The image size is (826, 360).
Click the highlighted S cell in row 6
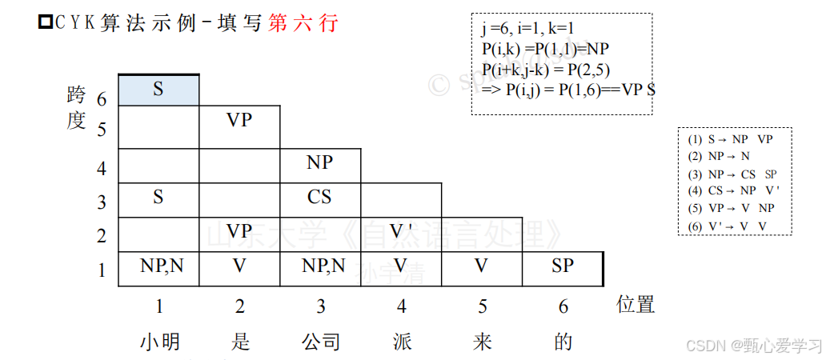click(x=158, y=89)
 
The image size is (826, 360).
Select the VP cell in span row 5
click(x=239, y=121)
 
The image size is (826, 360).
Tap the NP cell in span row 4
click(x=320, y=163)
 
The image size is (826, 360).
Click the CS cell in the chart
click(x=320, y=197)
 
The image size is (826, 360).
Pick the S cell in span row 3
click(x=158, y=197)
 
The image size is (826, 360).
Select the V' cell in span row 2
click(x=401, y=231)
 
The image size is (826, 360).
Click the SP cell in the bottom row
click(x=563, y=266)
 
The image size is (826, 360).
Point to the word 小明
click(x=160, y=342)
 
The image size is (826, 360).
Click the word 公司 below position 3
click(x=321, y=342)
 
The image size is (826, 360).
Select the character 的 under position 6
click(x=563, y=342)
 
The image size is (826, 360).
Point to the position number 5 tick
click(x=481, y=305)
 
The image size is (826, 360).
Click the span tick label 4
click(x=102, y=169)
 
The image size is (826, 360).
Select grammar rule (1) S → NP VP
click(x=730, y=138)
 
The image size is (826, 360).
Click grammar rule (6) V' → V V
click(x=728, y=226)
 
